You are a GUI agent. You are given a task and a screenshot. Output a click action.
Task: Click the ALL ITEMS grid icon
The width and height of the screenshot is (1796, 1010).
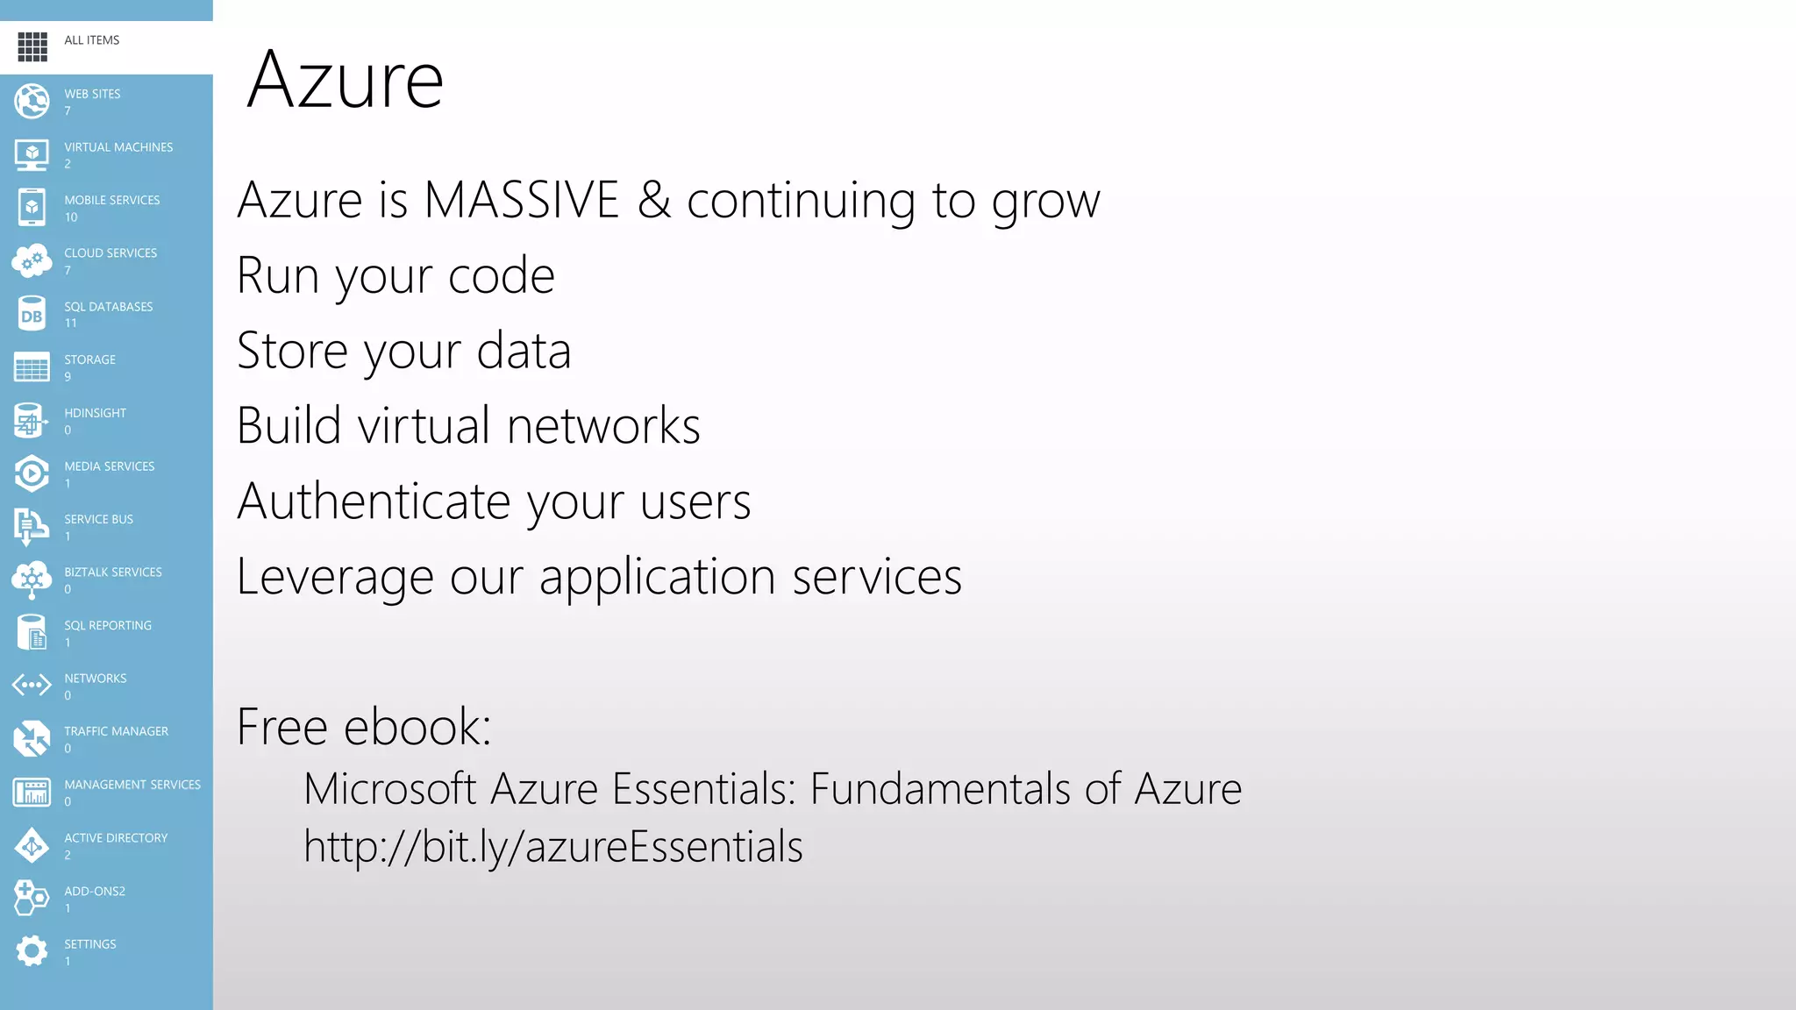coord(32,46)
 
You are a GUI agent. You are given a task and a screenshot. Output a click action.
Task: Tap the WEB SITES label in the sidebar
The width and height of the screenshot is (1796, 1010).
coord(92,94)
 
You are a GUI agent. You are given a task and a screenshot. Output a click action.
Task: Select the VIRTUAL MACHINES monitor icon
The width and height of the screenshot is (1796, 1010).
coord(32,155)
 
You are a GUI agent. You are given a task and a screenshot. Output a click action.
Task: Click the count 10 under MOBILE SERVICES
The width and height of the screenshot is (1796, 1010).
coord(71,217)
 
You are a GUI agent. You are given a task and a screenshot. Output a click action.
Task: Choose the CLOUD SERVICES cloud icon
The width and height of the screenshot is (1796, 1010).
coord(32,260)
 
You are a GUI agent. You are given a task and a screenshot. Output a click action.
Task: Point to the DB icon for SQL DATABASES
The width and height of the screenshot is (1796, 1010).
coord(32,315)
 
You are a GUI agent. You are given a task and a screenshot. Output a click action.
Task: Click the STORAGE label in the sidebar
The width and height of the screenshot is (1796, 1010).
coord(89,359)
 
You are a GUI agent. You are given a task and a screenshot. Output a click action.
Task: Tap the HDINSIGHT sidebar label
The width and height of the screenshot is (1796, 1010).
coord(95,413)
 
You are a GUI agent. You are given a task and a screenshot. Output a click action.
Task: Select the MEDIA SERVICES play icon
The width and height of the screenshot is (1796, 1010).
coord(32,473)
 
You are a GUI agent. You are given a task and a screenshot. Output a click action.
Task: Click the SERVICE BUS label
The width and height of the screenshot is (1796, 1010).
coord(98,519)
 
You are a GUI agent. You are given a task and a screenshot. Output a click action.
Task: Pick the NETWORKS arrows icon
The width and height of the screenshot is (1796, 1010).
coord(32,685)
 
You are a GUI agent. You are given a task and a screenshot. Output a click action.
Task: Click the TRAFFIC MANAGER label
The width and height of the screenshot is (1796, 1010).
coord(116,731)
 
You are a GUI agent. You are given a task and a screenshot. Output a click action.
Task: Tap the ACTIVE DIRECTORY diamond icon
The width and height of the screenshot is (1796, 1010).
coord(32,846)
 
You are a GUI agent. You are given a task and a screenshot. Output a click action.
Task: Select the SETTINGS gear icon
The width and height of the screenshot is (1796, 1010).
coord(32,951)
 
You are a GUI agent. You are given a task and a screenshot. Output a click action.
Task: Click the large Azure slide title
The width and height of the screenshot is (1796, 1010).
coord(346,80)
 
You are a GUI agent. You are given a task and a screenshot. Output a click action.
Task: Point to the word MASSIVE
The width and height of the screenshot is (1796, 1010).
coord(522,200)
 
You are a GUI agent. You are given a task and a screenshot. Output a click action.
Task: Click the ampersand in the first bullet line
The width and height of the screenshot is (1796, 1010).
coord(654,200)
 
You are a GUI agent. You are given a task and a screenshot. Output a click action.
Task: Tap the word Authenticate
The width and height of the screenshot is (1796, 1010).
coord(374,501)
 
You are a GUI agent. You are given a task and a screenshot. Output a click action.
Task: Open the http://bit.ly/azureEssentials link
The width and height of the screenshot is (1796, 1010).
coord(553,847)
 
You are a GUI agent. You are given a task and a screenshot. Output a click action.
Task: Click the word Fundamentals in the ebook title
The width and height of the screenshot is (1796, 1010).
coord(939,788)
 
